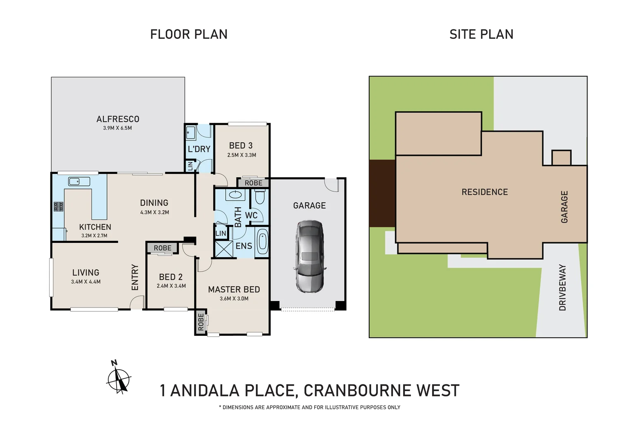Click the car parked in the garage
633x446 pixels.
(x=310, y=256)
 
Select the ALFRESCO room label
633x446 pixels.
(x=118, y=119)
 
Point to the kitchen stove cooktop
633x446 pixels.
(x=58, y=206)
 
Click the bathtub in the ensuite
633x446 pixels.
(x=262, y=243)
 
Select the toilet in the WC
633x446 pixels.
(x=260, y=197)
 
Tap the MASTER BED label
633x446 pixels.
(x=234, y=290)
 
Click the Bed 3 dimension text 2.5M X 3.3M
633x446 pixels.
(x=241, y=155)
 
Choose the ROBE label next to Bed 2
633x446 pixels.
(x=162, y=248)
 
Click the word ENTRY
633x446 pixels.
(x=135, y=278)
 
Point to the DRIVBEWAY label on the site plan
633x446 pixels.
(x=562, y=287)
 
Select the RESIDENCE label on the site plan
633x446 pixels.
(x=485, y=192)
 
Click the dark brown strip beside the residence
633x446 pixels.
(x=382, y=193)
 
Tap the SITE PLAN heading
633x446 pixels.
(x=481, y=34)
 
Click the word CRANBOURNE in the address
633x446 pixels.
(x=357, y=391)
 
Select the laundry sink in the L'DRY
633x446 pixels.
(x=191, y=133)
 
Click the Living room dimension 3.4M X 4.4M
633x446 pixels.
(x=86, y=282)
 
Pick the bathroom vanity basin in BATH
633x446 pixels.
(x=236, y=195)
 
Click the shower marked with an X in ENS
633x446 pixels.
(x=224, y=249)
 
